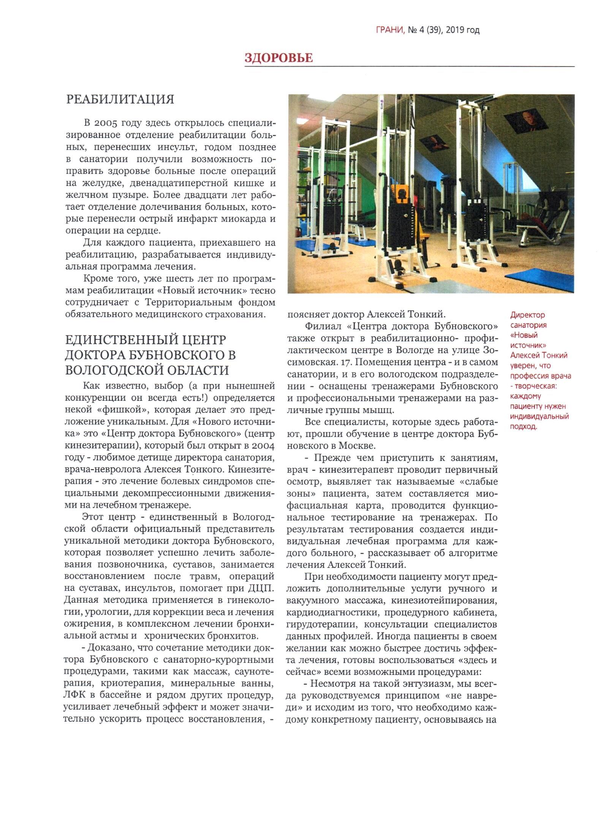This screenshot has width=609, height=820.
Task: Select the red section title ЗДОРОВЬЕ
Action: (278, 58)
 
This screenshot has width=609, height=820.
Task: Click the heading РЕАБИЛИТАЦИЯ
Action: (120, 100)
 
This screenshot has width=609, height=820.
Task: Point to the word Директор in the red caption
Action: (527, 315)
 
